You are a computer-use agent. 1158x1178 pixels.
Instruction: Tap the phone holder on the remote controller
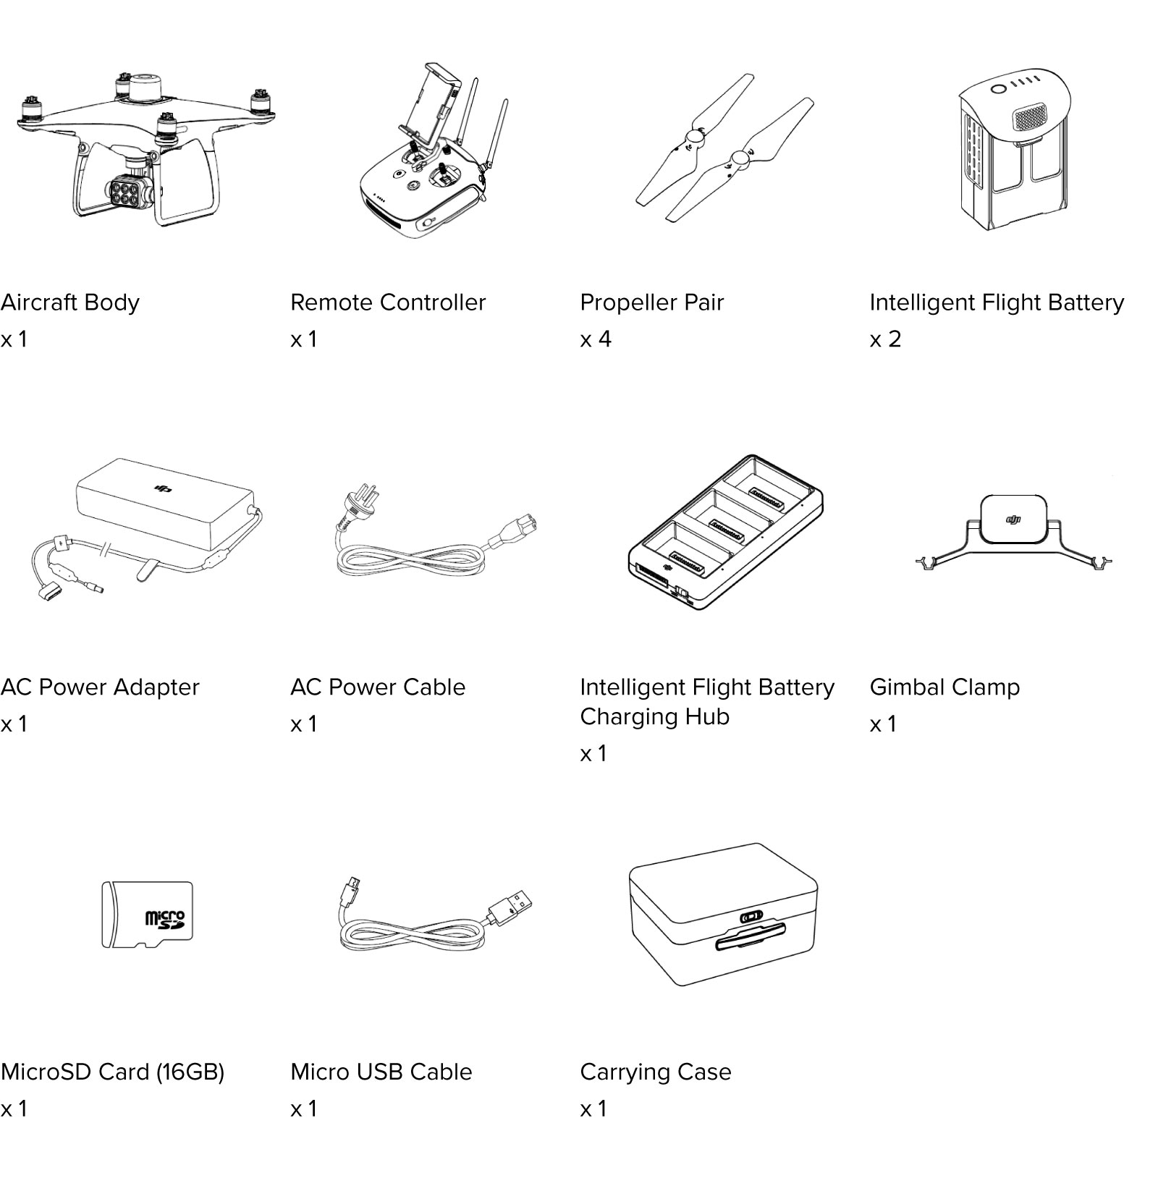(431, 101)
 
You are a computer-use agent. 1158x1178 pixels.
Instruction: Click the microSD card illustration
(147, 915)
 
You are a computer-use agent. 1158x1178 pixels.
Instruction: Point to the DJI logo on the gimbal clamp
(1013, 519)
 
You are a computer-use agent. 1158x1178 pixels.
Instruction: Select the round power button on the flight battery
(999, 88)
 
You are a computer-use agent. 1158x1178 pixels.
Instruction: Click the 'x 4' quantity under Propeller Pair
(596, 339)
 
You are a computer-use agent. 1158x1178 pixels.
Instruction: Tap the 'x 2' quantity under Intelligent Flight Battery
(885, 339)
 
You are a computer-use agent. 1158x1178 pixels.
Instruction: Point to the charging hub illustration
(725, 533)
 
